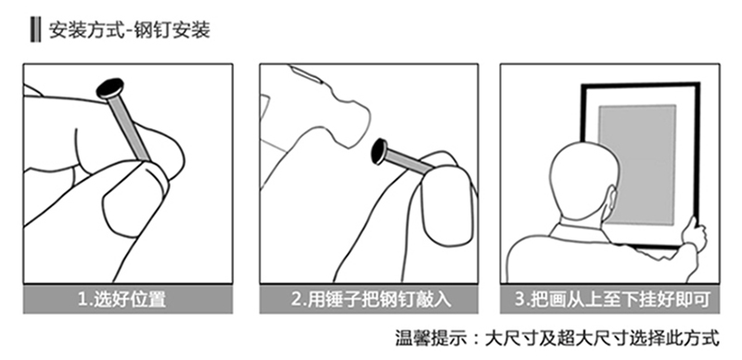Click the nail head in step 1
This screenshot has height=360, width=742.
point(110,89)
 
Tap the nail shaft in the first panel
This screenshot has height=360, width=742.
point(130,128)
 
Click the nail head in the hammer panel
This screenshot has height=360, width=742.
point(379,151)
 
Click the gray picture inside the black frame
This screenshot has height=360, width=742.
point(637,164)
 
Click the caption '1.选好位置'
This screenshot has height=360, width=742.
point(122,299)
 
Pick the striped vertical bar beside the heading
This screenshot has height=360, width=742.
point(35,30)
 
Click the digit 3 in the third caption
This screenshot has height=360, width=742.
point(518,300)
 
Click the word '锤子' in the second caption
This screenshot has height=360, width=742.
point(342,299)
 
